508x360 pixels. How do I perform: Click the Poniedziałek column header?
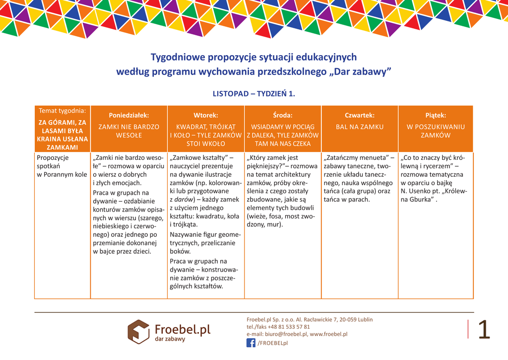coord(128,115)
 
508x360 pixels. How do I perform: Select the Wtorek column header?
coord(205,115)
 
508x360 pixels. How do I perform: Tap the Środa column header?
coord(282,115)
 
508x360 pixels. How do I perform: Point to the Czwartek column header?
coord(360,115)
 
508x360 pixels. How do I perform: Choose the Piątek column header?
coord(436,115)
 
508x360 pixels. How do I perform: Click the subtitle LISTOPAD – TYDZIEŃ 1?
coord(254,93)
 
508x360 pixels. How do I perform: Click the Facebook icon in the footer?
coord(251,343)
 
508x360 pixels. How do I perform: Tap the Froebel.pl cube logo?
coord(138,331)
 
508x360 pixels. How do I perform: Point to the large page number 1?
coord(484,330)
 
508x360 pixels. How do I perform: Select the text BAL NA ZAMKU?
coord(360,127)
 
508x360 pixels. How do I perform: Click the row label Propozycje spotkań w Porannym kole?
coord(62,166)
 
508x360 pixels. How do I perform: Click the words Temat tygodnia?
coord(62,110)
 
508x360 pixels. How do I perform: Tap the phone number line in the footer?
coord(278,327)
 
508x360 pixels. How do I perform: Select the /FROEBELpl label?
coord(272,343)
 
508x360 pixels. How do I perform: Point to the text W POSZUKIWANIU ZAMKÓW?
coord(436,131)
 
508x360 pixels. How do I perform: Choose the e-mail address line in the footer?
coord(297,334)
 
